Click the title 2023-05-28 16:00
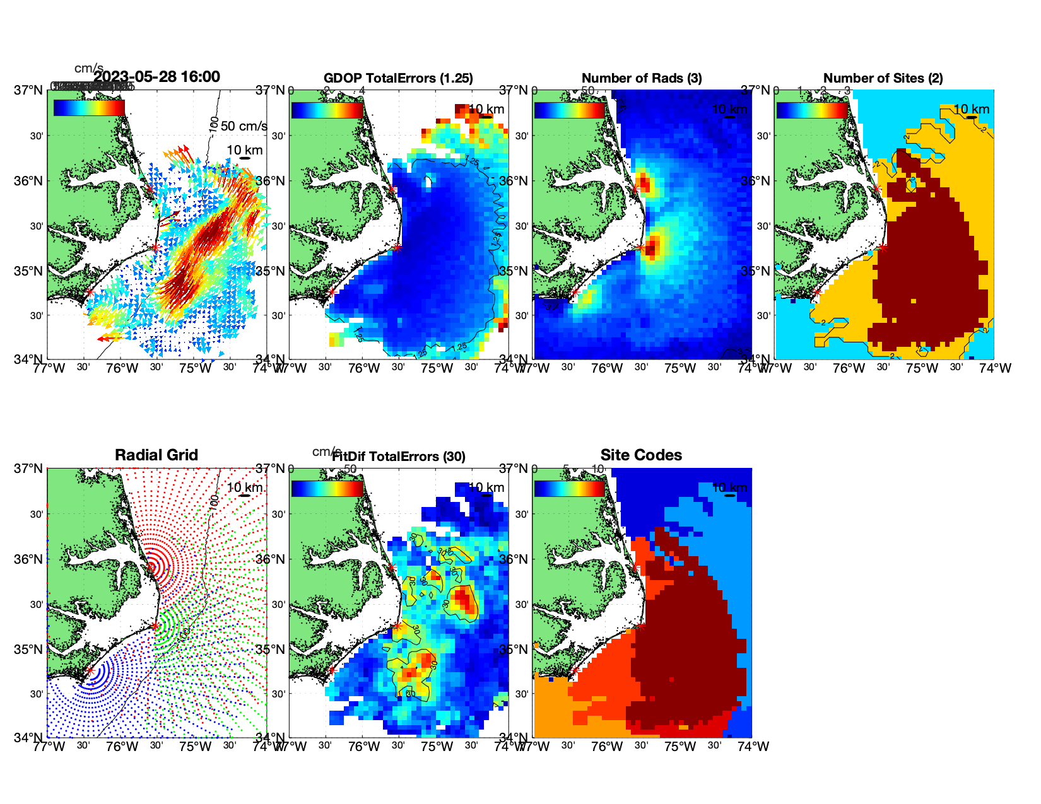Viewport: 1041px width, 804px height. (x=156, y=77)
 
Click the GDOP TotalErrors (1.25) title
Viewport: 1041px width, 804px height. (x=398, y=78)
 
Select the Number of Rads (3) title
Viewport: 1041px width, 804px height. (x=642, y=78)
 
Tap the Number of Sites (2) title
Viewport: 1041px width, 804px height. (x=883, y=78)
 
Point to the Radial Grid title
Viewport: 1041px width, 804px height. (x=156, y=455)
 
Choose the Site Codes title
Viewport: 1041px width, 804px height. (x=641, y=455)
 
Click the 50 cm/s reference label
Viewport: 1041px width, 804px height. (x=244, y=126)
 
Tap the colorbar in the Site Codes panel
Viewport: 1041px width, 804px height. (x=569, y=489)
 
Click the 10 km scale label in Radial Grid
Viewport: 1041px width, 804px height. (x=244, y=487)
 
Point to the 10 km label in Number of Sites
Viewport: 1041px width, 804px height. (x=972, y=109)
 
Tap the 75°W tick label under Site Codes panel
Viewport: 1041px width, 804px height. (x=680, y=747)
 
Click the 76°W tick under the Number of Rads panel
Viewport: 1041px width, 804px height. (x=607, y=368)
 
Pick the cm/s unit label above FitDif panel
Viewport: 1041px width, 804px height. (x=326, y=452)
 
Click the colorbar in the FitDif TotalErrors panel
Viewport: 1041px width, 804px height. (x=327, y=489)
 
